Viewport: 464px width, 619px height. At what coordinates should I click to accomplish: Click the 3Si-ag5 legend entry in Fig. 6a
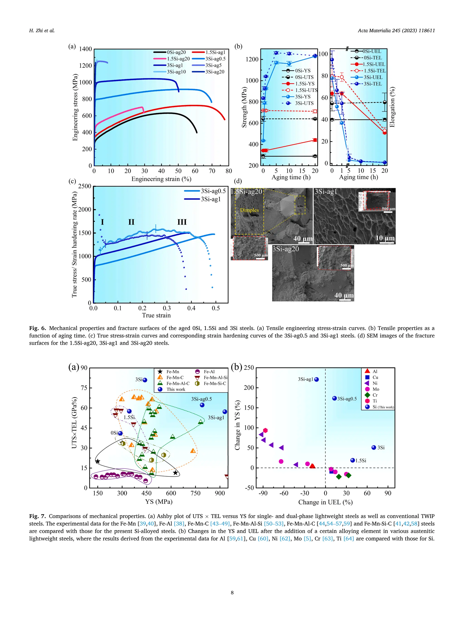213,65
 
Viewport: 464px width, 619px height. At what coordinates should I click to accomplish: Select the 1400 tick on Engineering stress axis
85,49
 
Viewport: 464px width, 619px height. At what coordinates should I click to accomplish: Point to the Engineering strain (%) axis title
161,179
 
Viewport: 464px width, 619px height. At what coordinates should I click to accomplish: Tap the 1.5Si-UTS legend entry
306,90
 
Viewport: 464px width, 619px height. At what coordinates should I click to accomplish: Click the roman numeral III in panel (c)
182,222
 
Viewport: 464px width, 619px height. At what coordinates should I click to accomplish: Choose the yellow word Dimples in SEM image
249,210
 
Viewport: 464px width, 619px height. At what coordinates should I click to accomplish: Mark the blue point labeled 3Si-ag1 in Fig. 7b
316,379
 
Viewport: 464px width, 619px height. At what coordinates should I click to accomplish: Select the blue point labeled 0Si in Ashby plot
120,433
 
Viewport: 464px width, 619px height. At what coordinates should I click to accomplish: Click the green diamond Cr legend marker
367,395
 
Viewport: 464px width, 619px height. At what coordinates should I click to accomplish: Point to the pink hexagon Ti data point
265,430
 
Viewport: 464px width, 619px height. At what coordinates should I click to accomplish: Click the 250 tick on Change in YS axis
249,368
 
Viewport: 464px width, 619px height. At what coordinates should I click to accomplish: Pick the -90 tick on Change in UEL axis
263,493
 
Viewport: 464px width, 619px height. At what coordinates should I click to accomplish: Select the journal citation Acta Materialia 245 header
396,31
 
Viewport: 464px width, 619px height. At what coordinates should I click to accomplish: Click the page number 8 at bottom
232,592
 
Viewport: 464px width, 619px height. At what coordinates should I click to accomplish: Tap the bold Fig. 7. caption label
37,516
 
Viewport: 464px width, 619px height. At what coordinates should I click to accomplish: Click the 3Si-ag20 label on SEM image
285,249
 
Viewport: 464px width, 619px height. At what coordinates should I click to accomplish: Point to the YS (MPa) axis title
159,501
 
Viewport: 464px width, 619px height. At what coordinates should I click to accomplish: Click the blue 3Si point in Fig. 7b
374,447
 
